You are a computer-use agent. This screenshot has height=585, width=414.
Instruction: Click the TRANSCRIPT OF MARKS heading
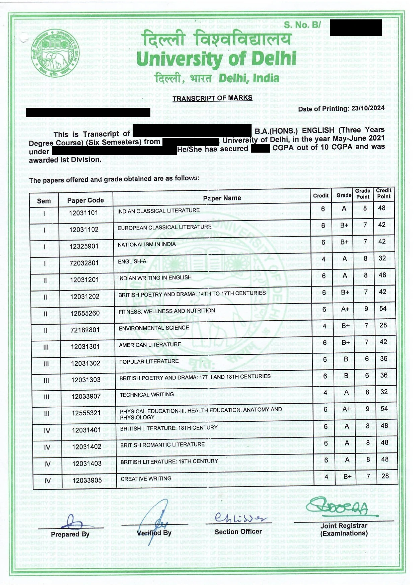point(212,98)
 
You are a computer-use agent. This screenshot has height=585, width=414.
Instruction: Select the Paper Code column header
point(85,200)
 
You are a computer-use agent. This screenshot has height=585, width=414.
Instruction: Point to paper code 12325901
point(84,246)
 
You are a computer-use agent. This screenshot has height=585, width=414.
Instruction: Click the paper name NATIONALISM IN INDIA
point(147,245)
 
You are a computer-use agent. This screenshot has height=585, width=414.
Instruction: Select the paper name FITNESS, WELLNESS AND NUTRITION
point(167,311)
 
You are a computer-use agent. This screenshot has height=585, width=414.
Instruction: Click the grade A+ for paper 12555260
point(345,309)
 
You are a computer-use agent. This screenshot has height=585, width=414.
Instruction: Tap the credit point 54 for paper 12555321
point(384,409)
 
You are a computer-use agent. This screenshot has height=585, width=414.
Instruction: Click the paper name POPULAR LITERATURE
point(149,361)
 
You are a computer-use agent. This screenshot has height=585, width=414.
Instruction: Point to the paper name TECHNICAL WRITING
point(147,395)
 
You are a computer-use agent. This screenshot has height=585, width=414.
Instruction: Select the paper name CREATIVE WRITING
point(146,479)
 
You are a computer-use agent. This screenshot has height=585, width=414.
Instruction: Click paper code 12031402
point(87,447)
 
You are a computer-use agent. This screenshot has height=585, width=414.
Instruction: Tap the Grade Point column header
point(363,194)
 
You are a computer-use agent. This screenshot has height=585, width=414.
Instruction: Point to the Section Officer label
point(238,532)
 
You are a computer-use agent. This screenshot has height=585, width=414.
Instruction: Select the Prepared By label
point(70,534)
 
